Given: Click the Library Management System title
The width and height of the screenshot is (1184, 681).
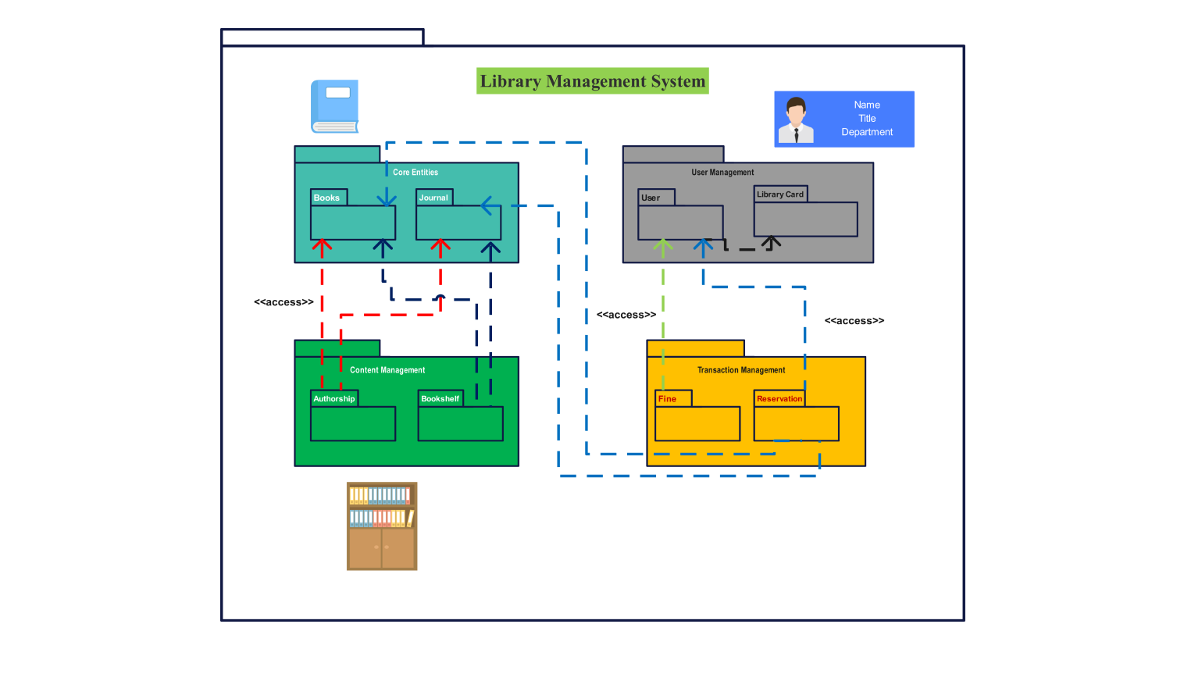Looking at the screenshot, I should [593, 81].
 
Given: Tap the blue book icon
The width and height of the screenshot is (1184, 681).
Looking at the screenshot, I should [335, 106].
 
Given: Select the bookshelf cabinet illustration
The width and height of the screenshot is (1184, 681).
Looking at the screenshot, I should [382, 526].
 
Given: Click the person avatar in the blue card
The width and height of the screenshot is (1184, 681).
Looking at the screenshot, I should [796, 120].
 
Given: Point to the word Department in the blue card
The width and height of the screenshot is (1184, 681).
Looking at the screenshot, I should [867, 133].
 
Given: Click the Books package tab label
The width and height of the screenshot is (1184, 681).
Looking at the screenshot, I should [326, 198].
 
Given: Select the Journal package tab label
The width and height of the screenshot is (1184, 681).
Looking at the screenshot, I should [433, 198].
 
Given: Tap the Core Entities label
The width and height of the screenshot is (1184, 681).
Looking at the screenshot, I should [415, 173].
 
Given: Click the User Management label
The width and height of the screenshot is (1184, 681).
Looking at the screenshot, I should [722, 173].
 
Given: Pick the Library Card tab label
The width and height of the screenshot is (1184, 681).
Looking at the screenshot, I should [780, 194].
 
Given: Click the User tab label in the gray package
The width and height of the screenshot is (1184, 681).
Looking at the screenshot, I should [651, 198].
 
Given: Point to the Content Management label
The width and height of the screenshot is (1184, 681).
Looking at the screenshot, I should [387, 370].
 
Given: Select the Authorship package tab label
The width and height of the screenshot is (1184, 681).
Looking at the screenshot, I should [334, 399].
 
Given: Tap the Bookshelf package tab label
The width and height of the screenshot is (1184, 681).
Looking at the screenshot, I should [440, 399].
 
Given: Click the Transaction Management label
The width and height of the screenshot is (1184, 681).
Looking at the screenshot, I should [741, 370].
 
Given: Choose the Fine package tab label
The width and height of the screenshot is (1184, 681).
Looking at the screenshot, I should [667, 399].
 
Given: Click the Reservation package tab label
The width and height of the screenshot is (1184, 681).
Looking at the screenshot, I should [779, 399].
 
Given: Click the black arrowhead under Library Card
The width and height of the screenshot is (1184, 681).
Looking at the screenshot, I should [772, 242].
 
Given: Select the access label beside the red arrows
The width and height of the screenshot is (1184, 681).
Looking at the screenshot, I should [284, 302].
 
